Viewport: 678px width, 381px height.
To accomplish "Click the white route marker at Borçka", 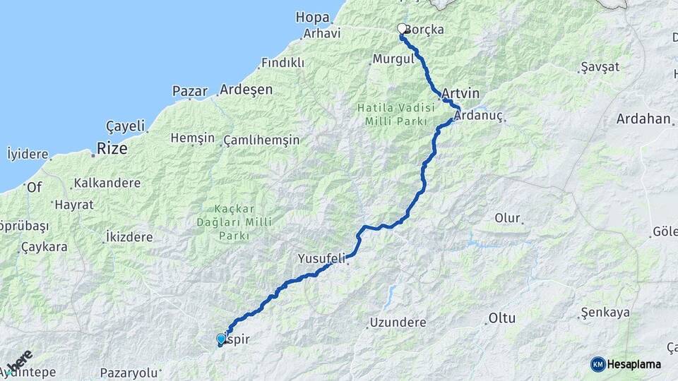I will click(402, 29).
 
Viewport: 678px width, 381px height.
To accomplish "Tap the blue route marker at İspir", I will click(221, 339).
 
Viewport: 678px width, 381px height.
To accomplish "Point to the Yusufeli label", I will click(321, 258).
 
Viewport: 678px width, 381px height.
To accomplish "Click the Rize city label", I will click(112, 149).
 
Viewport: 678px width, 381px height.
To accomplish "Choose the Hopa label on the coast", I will click(313, 17).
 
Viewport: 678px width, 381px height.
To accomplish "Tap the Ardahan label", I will click(643, 119).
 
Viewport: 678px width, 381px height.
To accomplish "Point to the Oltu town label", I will click(501, 318).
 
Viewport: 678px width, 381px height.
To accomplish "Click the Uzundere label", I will click(398, 322).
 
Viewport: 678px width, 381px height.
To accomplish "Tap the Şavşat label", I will click(600, 67).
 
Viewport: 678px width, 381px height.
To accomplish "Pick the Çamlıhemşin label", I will click(261, 140).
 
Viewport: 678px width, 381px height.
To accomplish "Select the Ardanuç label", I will click(477, 114).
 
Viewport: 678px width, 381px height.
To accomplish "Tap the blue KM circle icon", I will click(597, 364).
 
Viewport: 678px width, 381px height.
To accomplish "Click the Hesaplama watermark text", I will click(634, 364).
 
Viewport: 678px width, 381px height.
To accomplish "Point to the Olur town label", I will click(507, 218).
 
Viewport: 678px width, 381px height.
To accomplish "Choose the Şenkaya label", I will click(605, 312).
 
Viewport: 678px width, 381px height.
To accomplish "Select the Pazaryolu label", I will click(129, 372).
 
